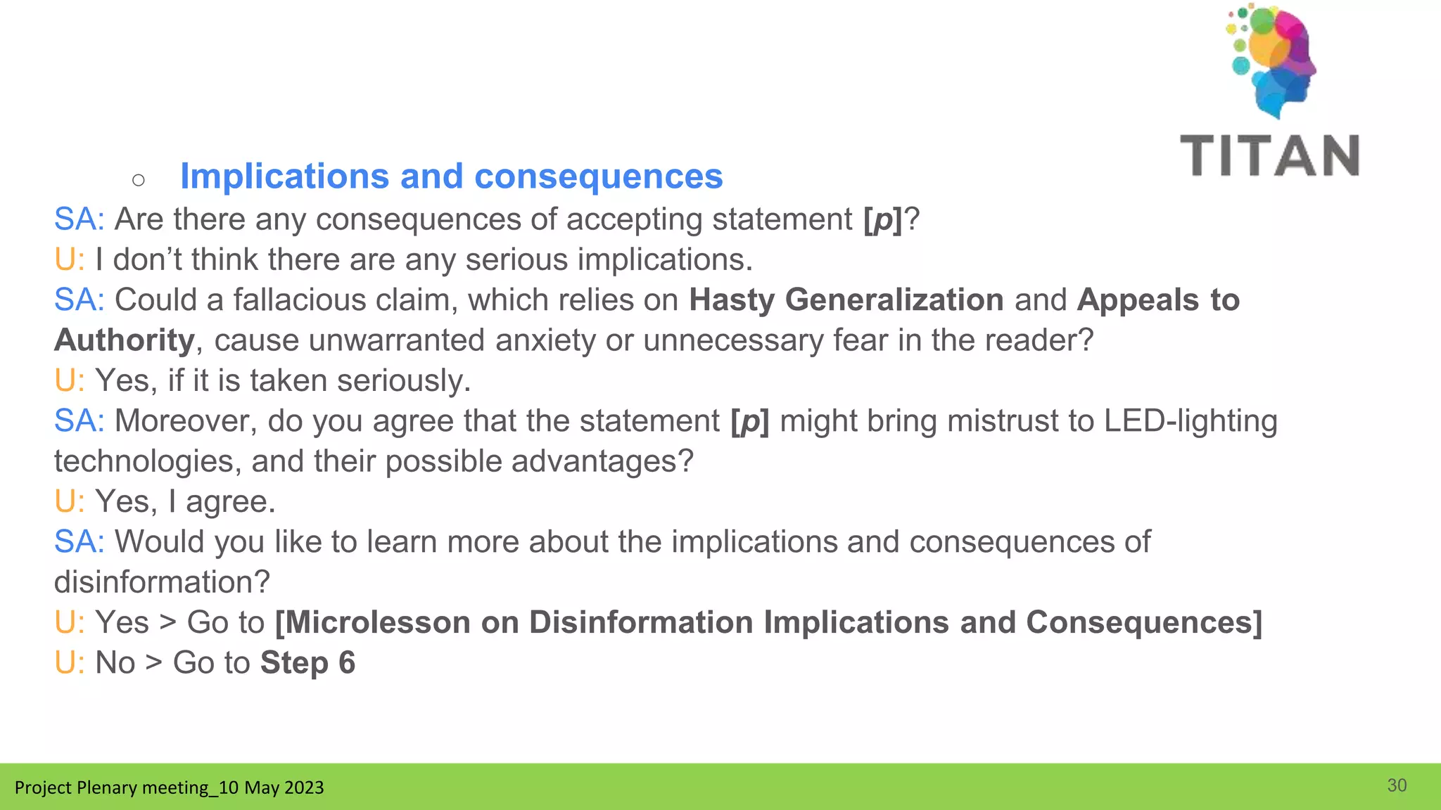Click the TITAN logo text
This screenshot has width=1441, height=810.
tap(1270, 155)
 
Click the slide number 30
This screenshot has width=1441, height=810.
tap(1397, 785)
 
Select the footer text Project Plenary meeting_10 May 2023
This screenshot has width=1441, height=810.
tap(169, 787)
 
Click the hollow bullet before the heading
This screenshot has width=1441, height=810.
tap(139, 181)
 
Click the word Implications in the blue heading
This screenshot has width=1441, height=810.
tap(284, 176)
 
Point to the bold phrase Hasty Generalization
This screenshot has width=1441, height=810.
tap(846, 300)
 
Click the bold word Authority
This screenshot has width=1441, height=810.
tap(125, 340)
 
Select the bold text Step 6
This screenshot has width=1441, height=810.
tap(307, 663)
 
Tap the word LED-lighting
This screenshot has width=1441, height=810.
tap(1190, 421)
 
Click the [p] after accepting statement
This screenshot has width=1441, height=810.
tap(882, 219)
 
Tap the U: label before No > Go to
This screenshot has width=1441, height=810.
tap(69, 663)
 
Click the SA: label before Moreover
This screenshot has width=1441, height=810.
tap(79, 421)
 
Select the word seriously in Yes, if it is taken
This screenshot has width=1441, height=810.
tap(403, 381)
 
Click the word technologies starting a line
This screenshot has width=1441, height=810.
tap(147, 462)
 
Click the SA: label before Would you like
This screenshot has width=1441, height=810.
tap(79, 542)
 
